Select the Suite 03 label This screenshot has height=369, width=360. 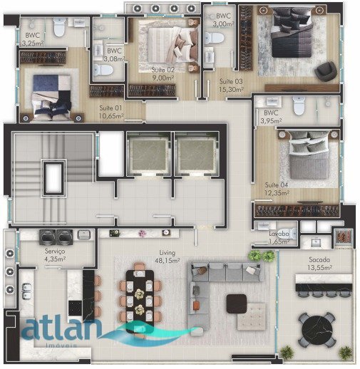[231, 85]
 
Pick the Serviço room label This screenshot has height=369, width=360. [55, 256]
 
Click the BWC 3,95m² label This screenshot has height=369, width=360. [271, 117]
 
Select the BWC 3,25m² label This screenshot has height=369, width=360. [33, 39]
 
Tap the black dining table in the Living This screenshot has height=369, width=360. [139, 296]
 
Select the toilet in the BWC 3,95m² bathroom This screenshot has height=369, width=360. [299, 105]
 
